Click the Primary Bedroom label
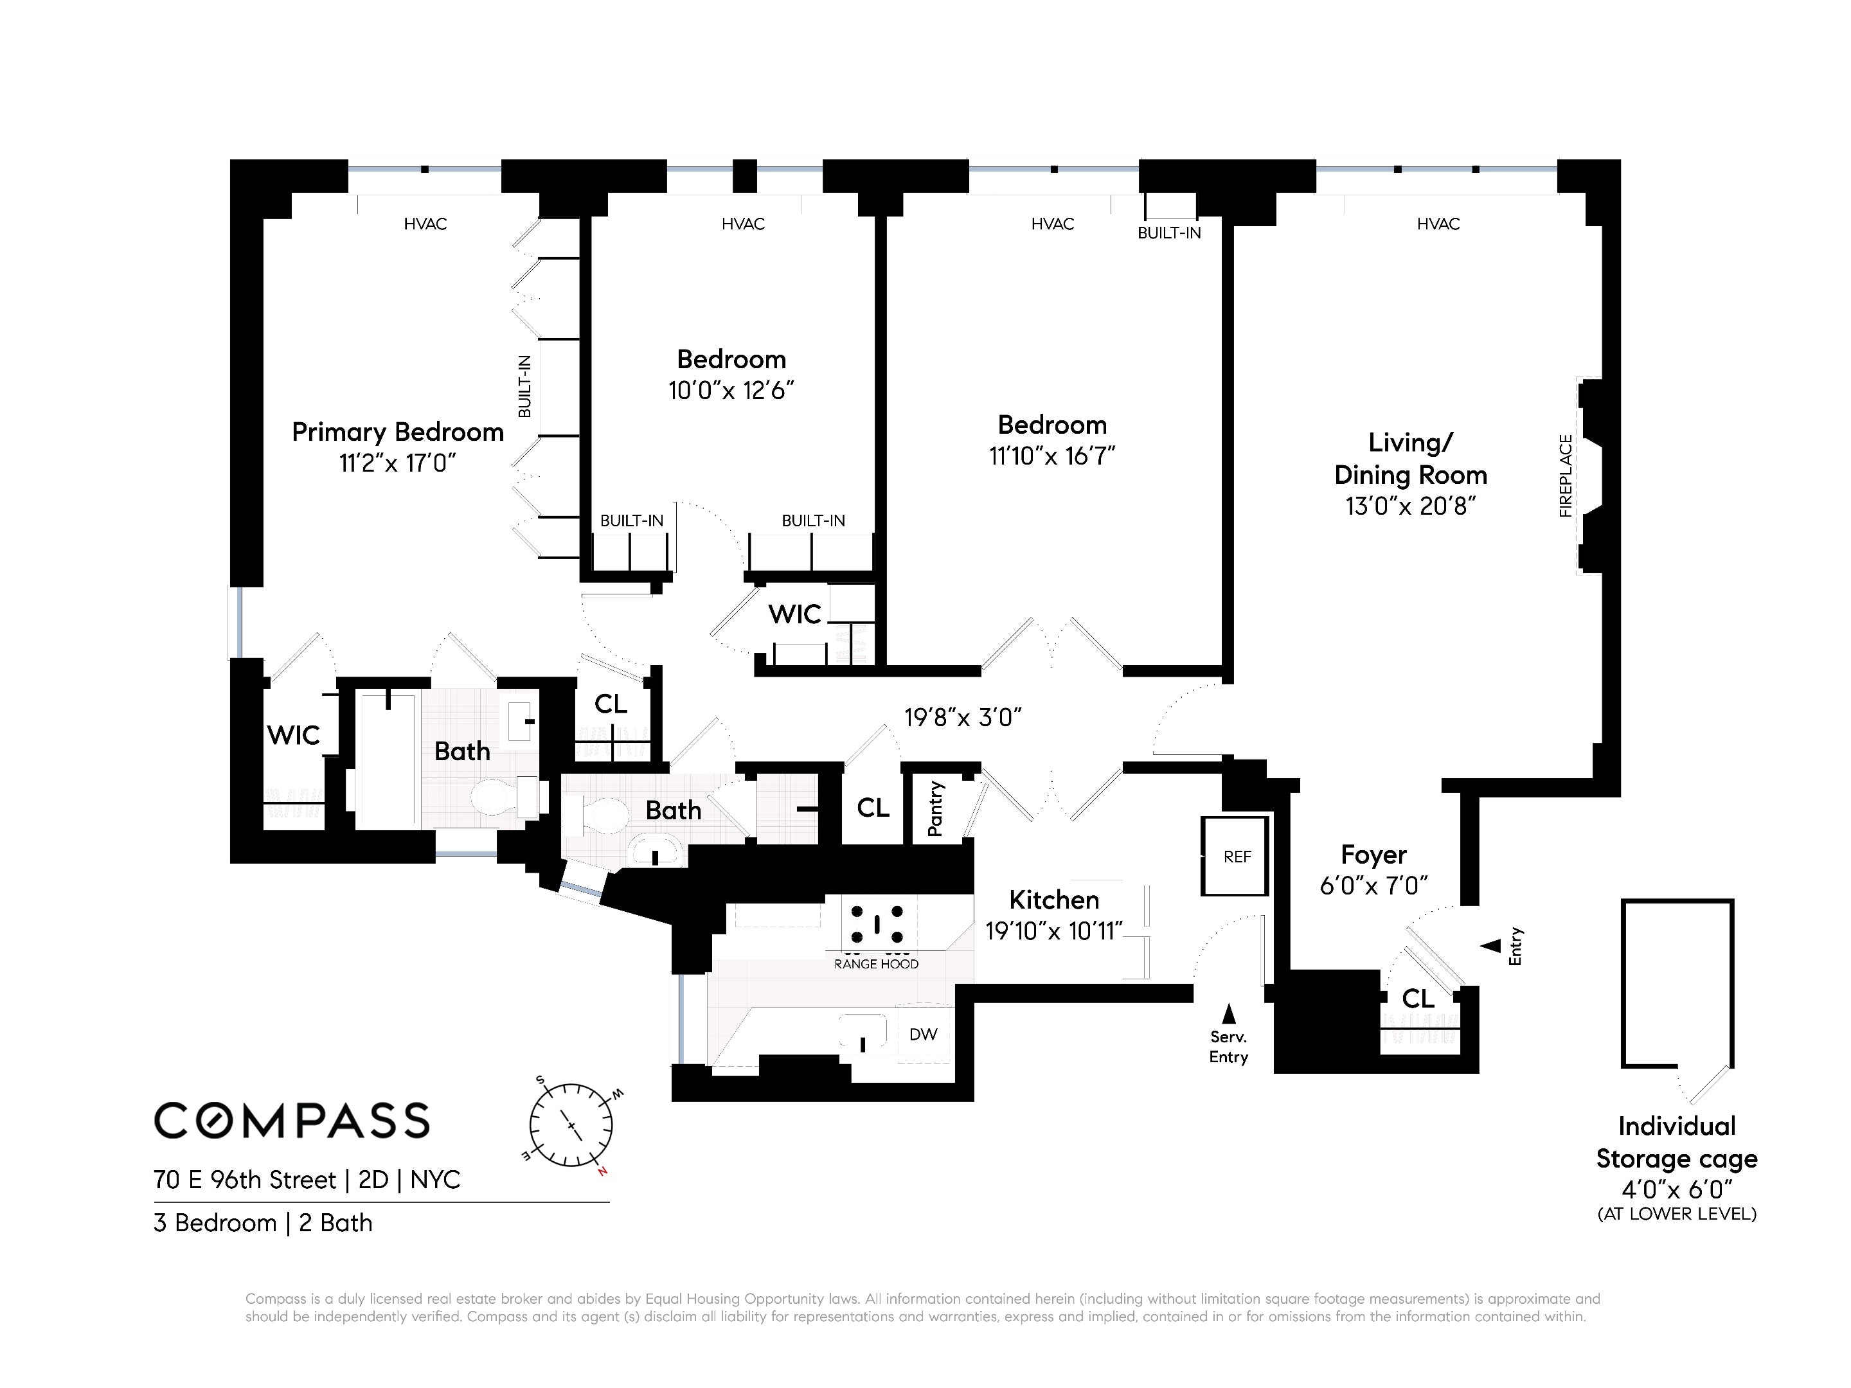[x=397, y=432]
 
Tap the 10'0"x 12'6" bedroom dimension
[x=731, y=391]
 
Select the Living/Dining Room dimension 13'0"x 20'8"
[x=1410, y=506]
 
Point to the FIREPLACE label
[x=1566, y=476]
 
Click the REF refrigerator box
[x=1235, y=856]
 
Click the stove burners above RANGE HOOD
[x=877, y=923]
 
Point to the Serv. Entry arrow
[x=1228, y=1013]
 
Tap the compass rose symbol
[x=571, y=1125]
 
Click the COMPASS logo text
[x=291, y=1120]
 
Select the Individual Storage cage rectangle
[x=1677, y=983]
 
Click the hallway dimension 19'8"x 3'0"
[x=962, y=718]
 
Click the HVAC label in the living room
[x=1438, y=224]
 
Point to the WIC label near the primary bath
[x=293, y=735]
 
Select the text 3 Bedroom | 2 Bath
[x=263, y=1223]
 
